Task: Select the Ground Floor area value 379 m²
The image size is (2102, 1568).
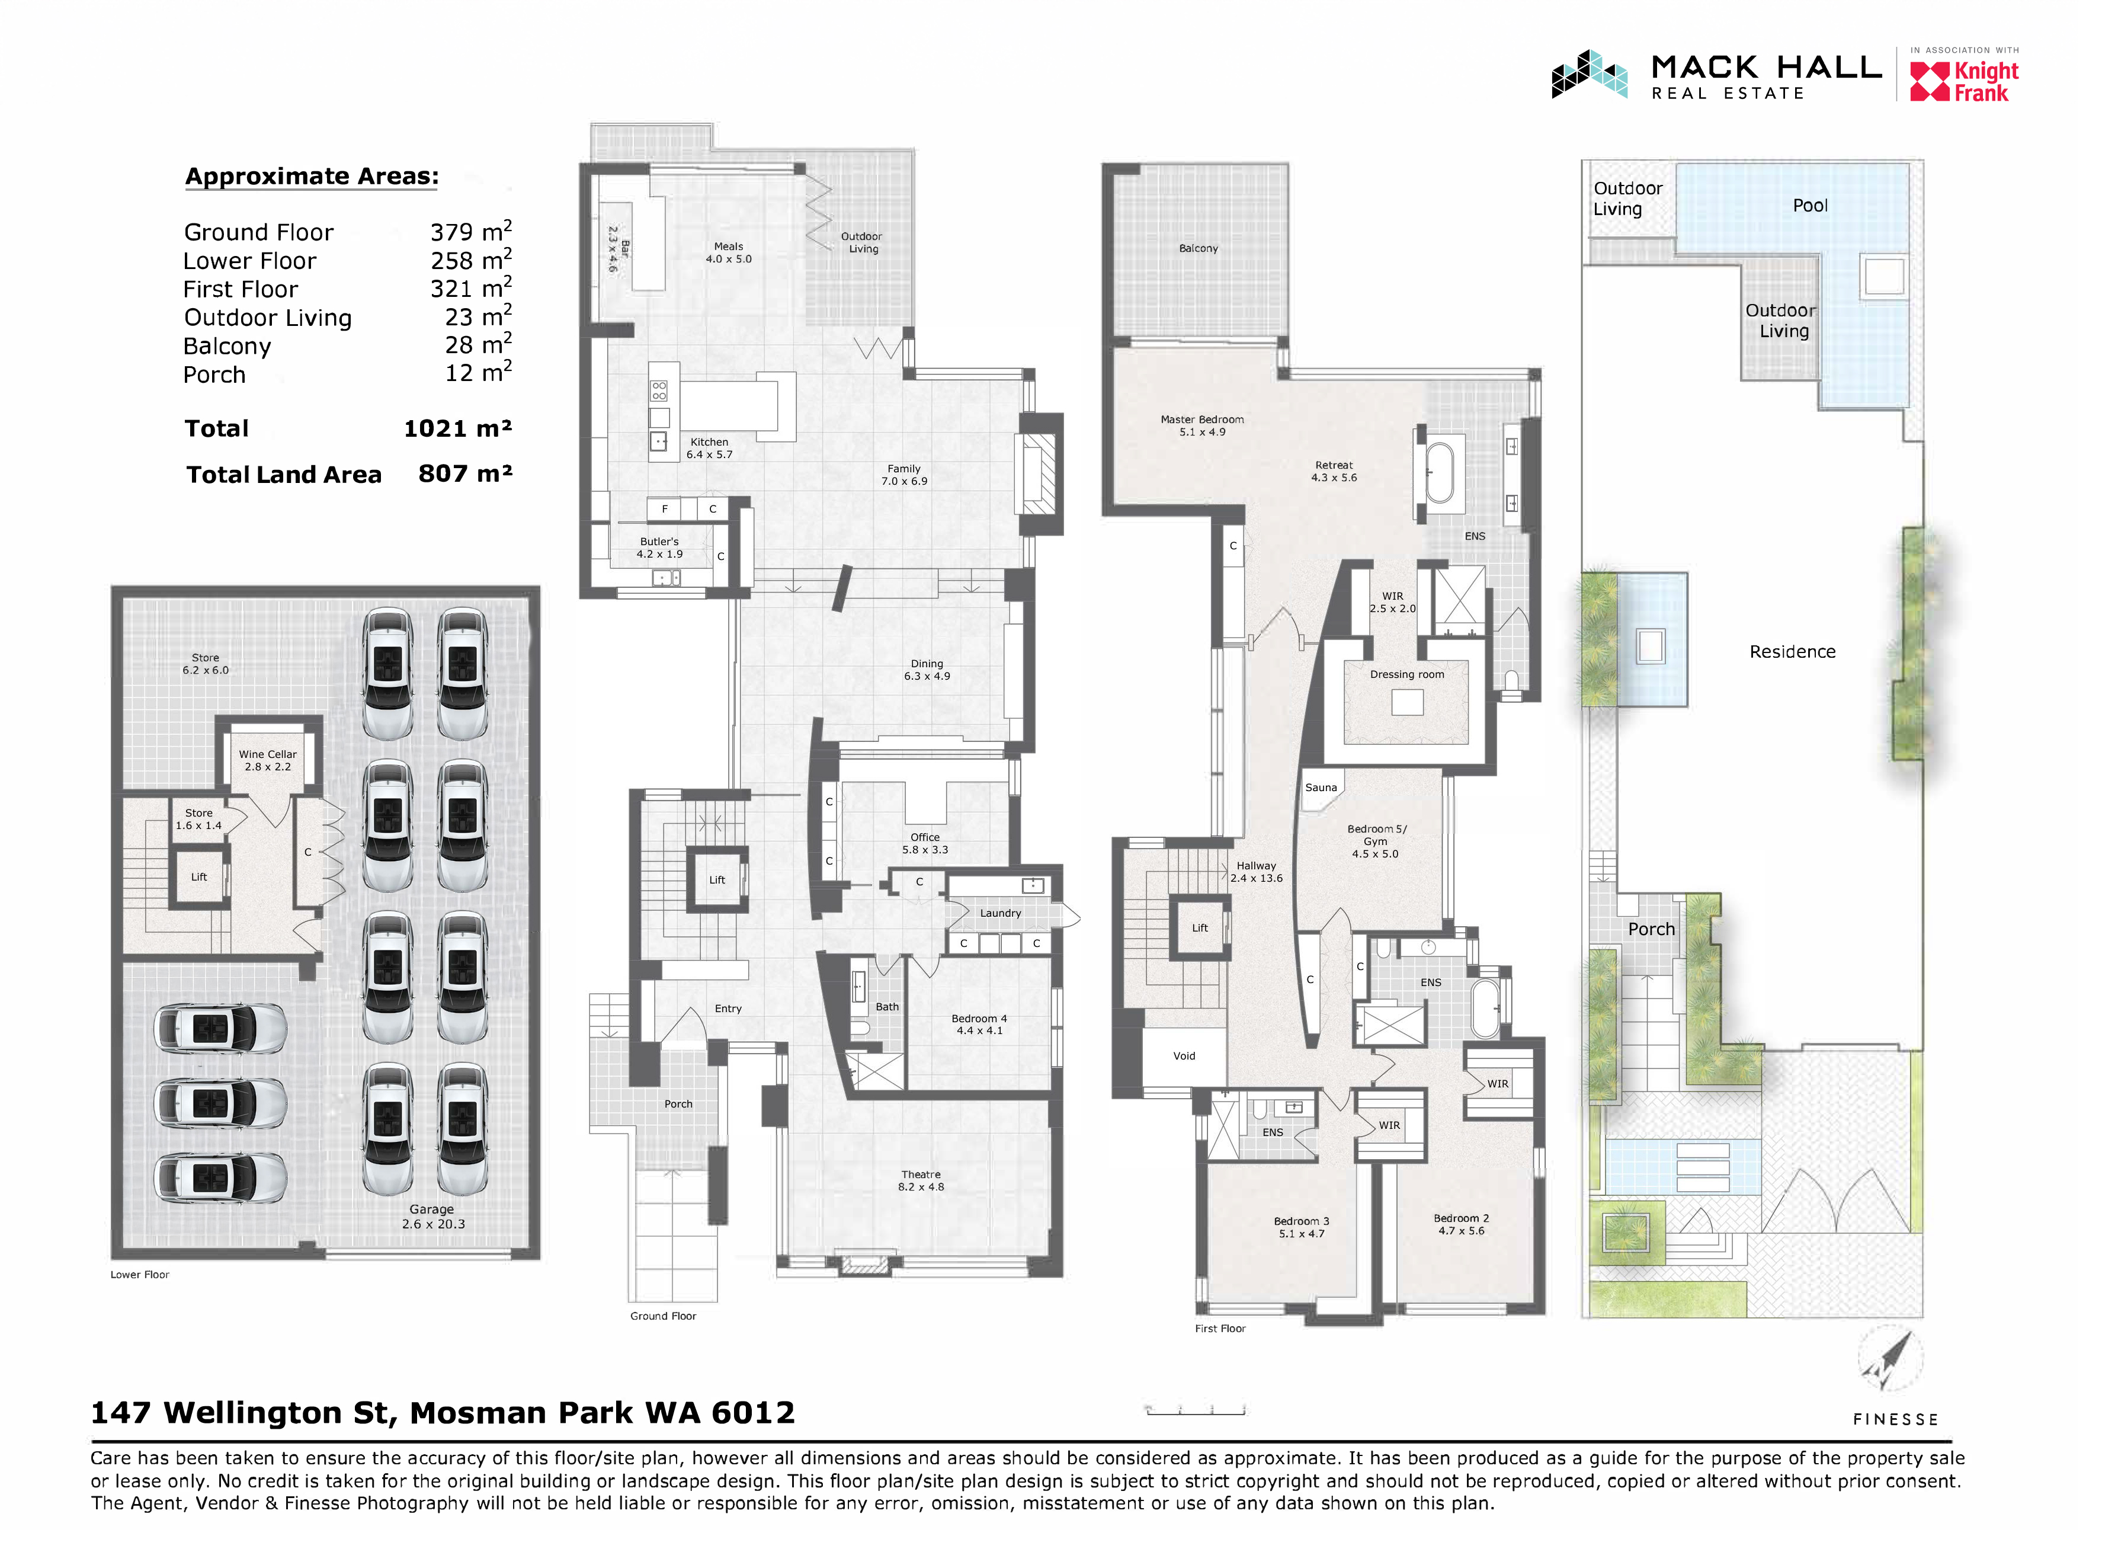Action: point(470,232)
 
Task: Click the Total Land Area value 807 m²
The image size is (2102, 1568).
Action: point(465,473)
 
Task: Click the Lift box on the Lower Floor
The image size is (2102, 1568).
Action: point(198,877)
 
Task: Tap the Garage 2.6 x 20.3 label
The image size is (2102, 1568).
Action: point(432,1216)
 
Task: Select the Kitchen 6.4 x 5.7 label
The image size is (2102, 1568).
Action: point(709,448)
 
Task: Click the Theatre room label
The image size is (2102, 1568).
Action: point(921,1180)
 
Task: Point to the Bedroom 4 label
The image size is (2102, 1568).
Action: point(979,1024)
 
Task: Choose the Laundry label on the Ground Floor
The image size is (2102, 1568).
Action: point(1000,913)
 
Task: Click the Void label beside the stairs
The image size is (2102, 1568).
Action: point(1183,1055)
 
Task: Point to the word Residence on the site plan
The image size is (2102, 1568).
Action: point(1792,651)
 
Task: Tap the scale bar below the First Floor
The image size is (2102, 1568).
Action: point(1195,1410)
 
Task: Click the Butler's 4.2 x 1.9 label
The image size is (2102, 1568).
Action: point(659,548)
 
